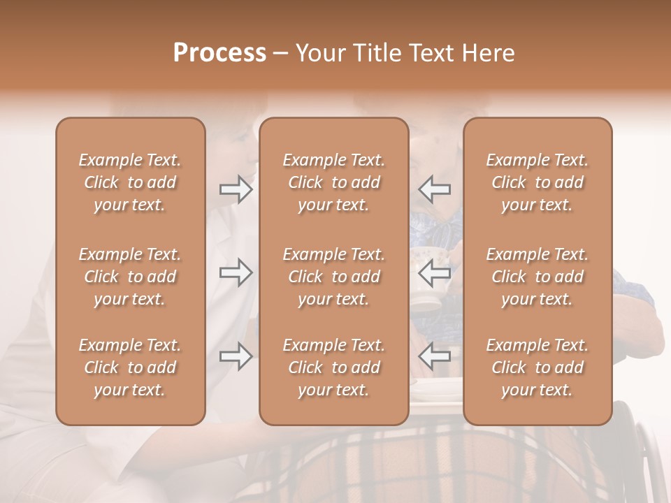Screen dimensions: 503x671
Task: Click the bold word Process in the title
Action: pyautogui.click(x=219, y=53)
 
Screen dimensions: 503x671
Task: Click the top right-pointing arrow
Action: pyautogui.click(x=236, y=189)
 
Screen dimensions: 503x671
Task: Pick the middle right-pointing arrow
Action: pyautogui.click(x=236, y=273)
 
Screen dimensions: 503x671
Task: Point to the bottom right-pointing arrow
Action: pyautogui.click(x=236, y=356)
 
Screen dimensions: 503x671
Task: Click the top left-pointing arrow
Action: pyautogui.click(x=434, y=189)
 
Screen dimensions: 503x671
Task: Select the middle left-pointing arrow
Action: pyautogui.click(x=434, y=273)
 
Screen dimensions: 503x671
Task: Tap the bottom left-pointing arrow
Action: pyautogui.click(x=434, y=356)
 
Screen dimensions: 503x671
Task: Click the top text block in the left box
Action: pyautogui.click(x=130, y=182)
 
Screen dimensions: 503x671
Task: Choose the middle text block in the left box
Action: pyautogui.click(x=130, y=277)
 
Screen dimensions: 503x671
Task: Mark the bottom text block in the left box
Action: pyautogui.click(x=130, y=367)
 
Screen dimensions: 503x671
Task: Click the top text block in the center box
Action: pyautogui.click(x=333, y=182)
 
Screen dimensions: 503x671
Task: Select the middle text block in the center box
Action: pyautogui.click(x=333, y=277)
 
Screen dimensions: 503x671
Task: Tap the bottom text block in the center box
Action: pyautogui.click(x=333, y=367)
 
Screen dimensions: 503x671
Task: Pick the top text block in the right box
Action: pyautogui.click(x=537, y=182)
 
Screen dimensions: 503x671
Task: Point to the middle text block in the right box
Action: pyautogui.click(x=537, y=277)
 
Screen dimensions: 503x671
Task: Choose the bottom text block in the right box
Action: pyautogui.click(x=537, y=367)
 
